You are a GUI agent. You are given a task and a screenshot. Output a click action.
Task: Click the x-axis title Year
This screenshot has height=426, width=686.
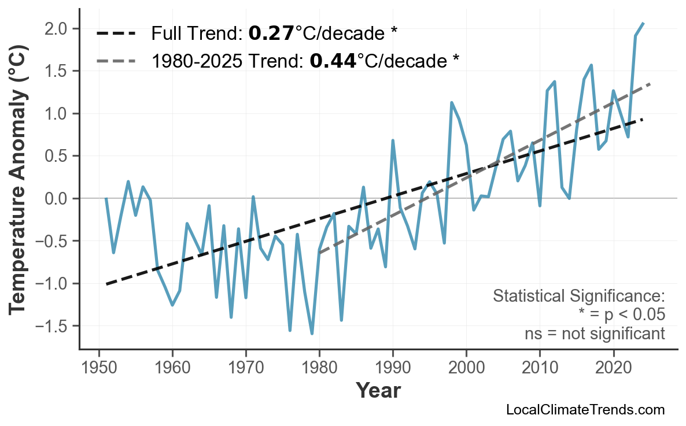[378, 391]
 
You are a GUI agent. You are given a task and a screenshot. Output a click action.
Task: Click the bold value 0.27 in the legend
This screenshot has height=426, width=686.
[271, 34]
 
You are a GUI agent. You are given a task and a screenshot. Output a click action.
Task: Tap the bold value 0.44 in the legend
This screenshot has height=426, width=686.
[333, 60]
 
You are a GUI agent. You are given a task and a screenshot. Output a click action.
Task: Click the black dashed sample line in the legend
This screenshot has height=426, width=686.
[116, 34]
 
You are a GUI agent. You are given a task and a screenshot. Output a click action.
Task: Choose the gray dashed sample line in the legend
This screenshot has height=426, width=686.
[116, 60]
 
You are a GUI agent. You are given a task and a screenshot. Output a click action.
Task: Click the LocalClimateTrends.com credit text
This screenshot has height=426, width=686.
[585, 410]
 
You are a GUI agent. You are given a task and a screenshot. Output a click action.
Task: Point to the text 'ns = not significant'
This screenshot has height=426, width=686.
[595, 334]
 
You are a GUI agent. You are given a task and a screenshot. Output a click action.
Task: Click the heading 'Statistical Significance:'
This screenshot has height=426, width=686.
[578, 297]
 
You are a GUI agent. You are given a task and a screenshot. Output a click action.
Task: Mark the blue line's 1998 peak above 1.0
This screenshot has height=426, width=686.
[452, 103]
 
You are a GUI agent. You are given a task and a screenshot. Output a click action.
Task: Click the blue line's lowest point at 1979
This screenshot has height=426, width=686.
[312, 334]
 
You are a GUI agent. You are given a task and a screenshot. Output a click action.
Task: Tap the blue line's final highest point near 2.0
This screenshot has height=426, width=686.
[643, 23]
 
